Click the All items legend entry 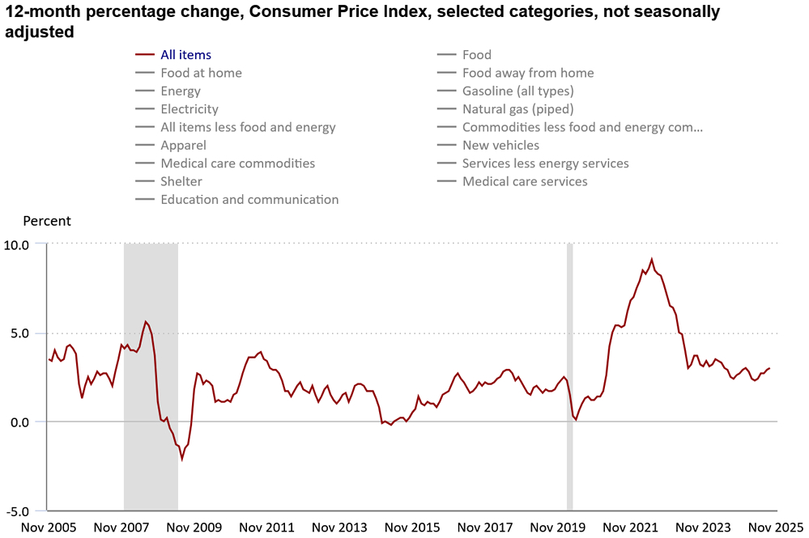coord(185,55)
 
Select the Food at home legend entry coord(201,73)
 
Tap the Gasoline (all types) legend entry coord(517,91)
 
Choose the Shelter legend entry coord(181,181)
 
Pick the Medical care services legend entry coord(525,181)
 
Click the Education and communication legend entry coord(249,199)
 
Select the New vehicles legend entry coord(500,145)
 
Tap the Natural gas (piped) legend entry coord(517,108)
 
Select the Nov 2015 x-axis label coord(413,527)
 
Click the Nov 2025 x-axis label coord(774,527)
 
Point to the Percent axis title coord(46,221)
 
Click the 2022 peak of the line coord(652,260)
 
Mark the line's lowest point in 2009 coord(182,460)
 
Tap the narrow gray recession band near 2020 coord(569,376)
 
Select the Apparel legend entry coord(183,145)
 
